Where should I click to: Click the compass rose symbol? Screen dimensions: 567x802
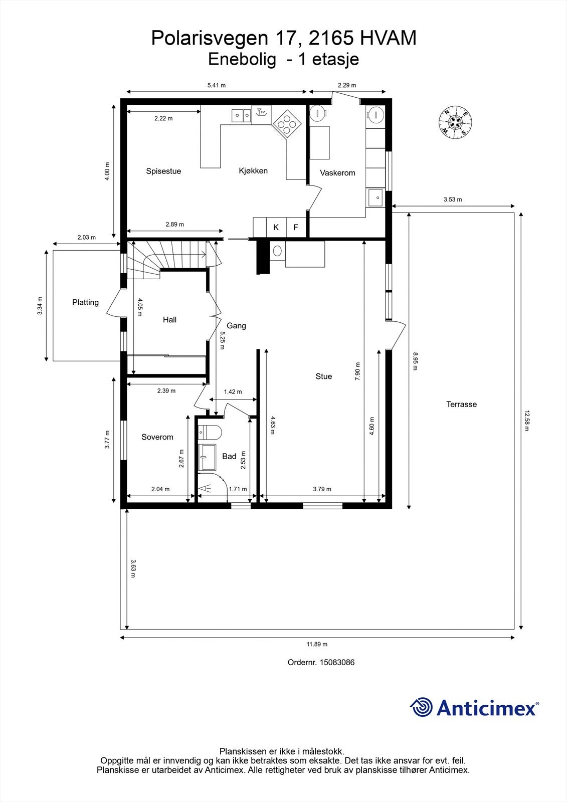click(455, 122)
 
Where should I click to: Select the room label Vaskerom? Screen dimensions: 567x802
click(337, 173)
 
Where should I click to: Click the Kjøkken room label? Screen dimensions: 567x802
click(253, 171)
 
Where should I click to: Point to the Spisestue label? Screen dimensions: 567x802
click(163, 171)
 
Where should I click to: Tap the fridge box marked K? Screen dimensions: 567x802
click(276, 228)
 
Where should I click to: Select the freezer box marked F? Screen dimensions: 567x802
click(296, 228)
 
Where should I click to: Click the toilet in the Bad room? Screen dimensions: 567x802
click(210, 432)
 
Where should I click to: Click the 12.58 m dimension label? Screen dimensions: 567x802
click(526, 421)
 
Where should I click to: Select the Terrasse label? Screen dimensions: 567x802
click(461, 404)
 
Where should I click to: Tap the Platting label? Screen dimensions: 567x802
click(85, 302)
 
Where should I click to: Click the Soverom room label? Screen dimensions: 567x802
click(157, 437)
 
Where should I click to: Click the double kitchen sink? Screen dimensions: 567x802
click(242, 115)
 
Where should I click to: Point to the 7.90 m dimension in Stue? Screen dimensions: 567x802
click(357, 371)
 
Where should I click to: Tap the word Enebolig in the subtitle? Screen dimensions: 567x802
click(242, 59)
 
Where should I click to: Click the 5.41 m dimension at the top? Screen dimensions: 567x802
click(217, 85)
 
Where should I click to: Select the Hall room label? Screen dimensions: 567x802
click(169, 320)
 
